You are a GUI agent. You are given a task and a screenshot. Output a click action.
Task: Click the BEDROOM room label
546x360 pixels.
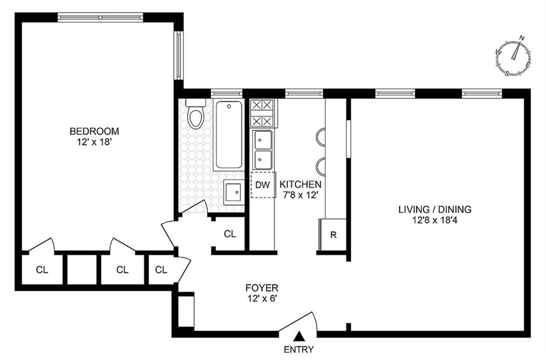94,131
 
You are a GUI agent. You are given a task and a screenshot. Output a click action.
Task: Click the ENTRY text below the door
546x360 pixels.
299,350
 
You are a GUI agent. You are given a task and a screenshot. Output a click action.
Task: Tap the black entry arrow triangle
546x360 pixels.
300,336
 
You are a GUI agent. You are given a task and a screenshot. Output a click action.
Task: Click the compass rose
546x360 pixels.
513,55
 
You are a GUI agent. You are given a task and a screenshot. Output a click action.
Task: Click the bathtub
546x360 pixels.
229,135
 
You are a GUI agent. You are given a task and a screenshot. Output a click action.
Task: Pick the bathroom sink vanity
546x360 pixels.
234,192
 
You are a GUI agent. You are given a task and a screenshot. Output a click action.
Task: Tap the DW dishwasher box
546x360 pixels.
263,185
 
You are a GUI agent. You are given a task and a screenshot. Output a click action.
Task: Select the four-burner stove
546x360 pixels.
263,113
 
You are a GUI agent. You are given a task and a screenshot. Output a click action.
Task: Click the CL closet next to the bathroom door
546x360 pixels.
230,234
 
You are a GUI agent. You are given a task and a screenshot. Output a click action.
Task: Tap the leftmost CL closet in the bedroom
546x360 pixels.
42,270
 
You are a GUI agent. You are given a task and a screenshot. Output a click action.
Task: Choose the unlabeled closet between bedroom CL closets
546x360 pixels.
82,270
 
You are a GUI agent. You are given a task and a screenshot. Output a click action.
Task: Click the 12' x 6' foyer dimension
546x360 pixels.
261,300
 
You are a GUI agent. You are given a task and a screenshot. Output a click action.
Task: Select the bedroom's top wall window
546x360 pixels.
101,17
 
